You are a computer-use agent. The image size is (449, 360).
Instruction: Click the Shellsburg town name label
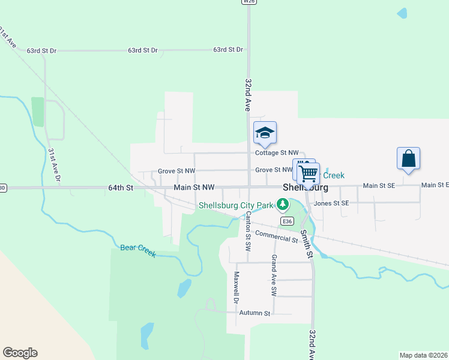(305, 187)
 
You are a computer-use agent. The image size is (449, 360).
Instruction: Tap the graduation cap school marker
(265, 133)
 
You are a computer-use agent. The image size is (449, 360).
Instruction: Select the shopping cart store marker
(309, 173)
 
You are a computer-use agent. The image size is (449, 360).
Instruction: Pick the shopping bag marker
(408, 159)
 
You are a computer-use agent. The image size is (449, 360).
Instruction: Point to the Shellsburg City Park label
(236, 205)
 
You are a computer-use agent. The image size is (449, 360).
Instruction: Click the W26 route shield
(249, 2)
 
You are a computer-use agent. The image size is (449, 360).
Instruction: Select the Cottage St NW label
(277, 153)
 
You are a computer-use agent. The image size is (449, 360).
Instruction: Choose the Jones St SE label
(331, 203)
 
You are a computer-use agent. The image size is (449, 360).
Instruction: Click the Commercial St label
(276, 237)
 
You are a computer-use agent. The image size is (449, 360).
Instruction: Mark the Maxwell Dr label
(237, 287)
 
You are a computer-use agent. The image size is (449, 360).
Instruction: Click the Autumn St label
(255, 313)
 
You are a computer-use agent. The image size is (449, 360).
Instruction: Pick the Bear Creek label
(138, 250)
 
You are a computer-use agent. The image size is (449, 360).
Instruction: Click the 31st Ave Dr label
(54, 164)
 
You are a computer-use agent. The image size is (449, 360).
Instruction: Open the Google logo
(20, 353)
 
